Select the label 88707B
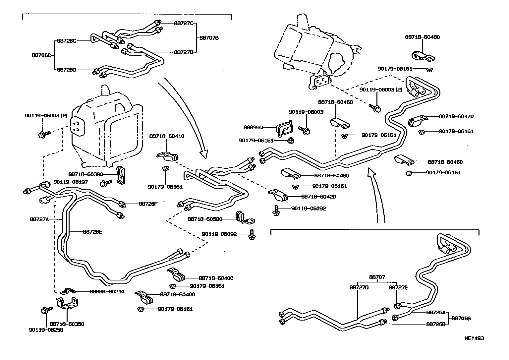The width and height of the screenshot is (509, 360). pos(209,38)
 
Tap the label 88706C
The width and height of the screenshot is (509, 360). pos(41,55)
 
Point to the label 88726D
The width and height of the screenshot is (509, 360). pos(67,70)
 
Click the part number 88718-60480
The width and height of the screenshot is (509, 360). pos(422,37)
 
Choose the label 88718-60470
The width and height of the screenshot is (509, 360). pos(456,116)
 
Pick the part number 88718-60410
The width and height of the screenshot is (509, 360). pos(167,136)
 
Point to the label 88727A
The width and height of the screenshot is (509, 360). pos(39,219)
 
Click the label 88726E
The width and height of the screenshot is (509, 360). pos(92,232)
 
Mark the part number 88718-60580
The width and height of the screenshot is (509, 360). pos(205,219)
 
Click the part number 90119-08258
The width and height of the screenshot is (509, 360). pos(46,330)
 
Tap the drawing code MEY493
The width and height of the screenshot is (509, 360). pos(474,338)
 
